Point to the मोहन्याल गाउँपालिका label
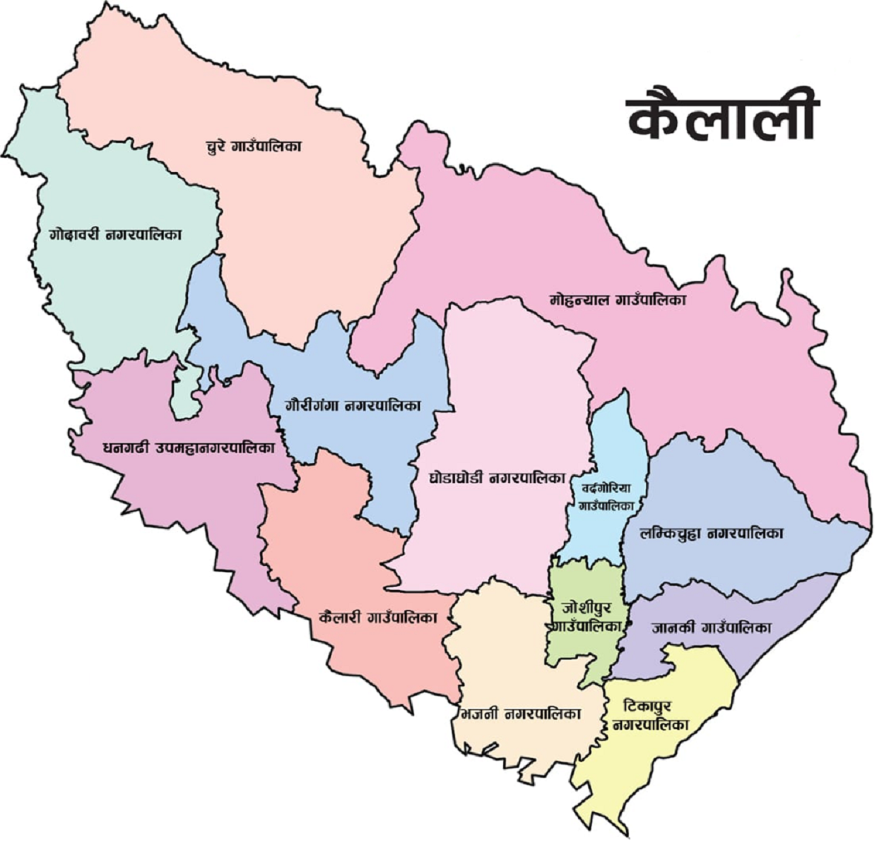(618, 300)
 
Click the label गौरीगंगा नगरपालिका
(353, 406)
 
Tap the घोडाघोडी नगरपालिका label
(498, 478)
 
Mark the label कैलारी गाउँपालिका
(377, 617)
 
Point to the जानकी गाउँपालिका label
(712, 628)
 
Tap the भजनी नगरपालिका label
(519, 714)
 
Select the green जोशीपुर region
(585, 652)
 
